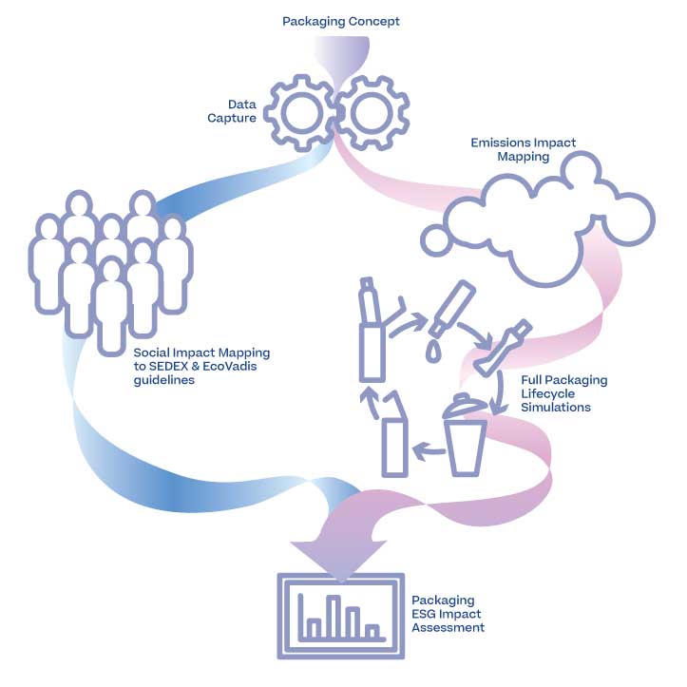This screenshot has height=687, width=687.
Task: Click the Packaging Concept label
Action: tap(341, 22)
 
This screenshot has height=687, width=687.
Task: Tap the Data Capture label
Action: tap(232, 111)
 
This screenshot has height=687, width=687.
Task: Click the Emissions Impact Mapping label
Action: tap(524, 149)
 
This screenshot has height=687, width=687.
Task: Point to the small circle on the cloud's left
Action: tap(435, 239)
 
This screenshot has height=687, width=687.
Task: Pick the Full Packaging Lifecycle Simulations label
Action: tap(563, 393)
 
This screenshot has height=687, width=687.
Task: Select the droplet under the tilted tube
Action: tap(433, 351)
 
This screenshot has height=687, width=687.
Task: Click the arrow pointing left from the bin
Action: tap(429, 451)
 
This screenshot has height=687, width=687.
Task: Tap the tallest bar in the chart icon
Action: tap(334, 617)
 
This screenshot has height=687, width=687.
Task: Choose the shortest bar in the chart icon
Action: tap(372, 631)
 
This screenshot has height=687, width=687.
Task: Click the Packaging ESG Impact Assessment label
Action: tap(448, 614)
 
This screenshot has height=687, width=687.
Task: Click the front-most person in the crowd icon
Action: tap(111, 307)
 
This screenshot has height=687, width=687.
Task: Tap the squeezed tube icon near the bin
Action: tap(503, 349)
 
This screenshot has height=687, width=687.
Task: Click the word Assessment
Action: tap(448, 627)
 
